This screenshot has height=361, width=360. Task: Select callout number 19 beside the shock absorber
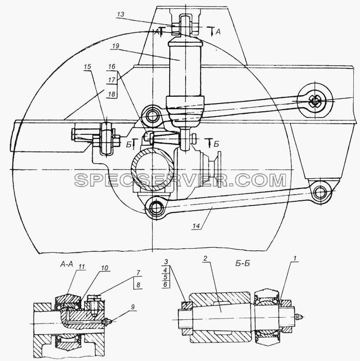pos(115,46)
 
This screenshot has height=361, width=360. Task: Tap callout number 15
pos(87,67)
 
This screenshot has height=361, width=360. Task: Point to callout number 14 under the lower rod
pos(196,226)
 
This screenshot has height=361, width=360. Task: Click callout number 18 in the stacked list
pos(112,94)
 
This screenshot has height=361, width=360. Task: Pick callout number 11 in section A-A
pos(82,267)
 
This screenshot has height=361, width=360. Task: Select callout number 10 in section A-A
pos(104,268)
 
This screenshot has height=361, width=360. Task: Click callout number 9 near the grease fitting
pos(133,307)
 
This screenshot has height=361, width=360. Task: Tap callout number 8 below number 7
pos(138,285)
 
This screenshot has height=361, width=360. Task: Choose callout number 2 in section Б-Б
pos(205,259)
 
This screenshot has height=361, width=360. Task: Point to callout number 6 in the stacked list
pos(165,285)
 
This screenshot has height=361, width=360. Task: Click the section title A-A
pos(66,265)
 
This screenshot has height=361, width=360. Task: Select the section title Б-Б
pos(243,263)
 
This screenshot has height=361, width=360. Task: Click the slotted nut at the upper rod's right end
pos(315,101)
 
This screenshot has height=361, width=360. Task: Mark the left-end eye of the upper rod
pos(152,116)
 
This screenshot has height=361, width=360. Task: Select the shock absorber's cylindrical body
pos(185,69)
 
